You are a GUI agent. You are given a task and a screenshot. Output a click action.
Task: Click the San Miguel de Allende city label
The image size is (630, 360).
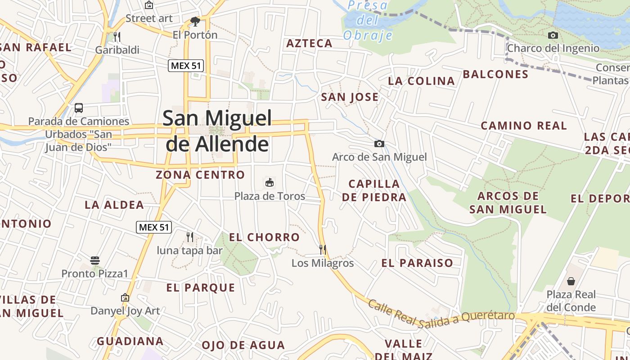coord(217,131)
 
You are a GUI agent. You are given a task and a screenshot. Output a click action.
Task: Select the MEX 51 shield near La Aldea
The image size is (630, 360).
coord(154,227)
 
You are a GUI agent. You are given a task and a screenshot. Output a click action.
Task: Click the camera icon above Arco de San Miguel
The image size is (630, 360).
coord(379,144)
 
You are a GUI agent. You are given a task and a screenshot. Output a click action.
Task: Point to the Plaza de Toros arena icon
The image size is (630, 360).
coord(270,182)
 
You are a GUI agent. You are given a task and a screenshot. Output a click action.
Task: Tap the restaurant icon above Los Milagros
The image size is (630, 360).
coord(322,249)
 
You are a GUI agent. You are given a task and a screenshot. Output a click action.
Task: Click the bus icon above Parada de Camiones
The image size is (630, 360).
coord(79,108)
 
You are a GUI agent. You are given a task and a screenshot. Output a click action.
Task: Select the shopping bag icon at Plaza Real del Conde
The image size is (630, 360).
coord(571,281)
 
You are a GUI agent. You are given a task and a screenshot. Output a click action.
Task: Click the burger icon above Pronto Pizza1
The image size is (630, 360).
coord(94,260)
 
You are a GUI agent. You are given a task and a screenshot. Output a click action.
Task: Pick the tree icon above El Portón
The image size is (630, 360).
coord(195,21)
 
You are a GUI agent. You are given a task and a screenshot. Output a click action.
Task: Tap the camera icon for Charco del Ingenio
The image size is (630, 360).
coord(553,35)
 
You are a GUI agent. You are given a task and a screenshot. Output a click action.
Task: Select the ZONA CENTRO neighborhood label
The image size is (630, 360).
coord(200,175)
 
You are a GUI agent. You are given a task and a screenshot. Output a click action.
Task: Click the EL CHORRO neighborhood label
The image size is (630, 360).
coord(264,237)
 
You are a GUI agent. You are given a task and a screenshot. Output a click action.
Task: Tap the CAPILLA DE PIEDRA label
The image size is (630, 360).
coord(374,190)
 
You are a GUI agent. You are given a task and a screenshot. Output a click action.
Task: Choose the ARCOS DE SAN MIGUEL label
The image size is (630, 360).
coord(508,202)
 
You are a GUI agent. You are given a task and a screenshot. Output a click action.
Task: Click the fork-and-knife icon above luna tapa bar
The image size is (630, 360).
coord(190,237)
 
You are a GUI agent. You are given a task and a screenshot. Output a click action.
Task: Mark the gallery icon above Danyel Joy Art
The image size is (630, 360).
coord(125,297)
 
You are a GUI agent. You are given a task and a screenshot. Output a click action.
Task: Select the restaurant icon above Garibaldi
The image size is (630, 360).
coord(117,36)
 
